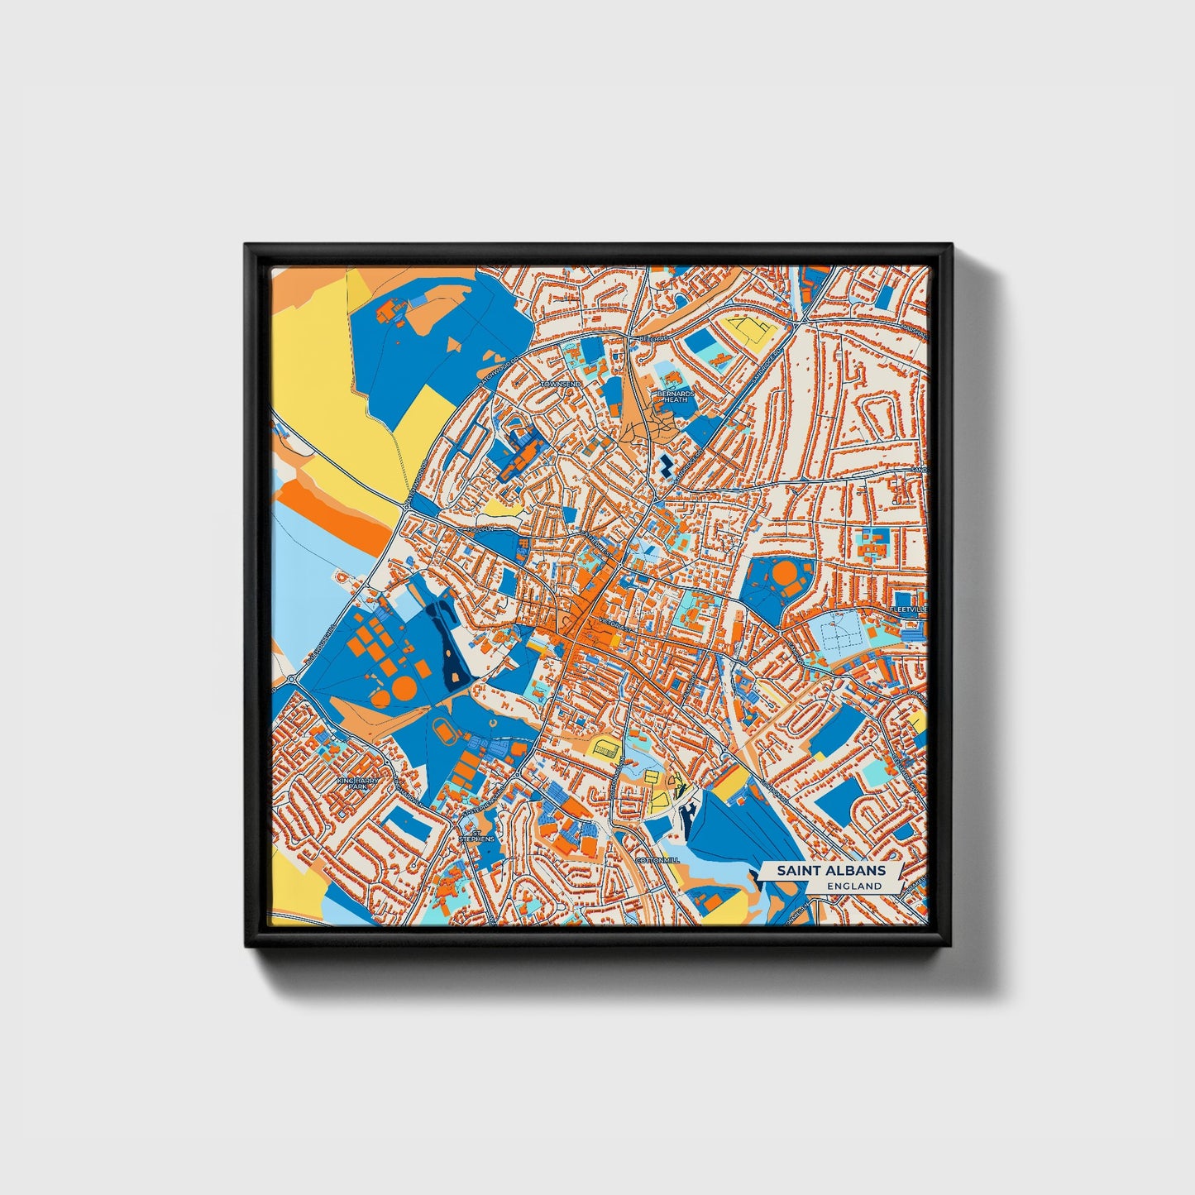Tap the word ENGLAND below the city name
pos(853,886)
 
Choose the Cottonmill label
pos(657,860)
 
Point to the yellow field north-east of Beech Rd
pos(748,331)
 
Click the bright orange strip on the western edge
pos(331,511)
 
